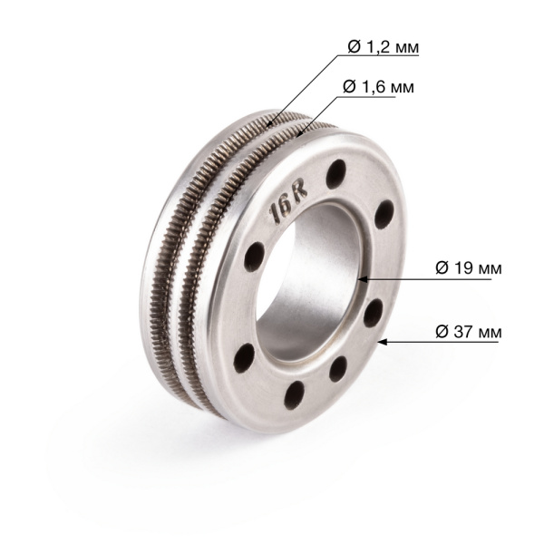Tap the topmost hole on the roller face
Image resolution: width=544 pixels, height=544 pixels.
[337, 168]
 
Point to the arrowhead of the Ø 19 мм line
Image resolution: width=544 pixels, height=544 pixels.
[361, 269]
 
